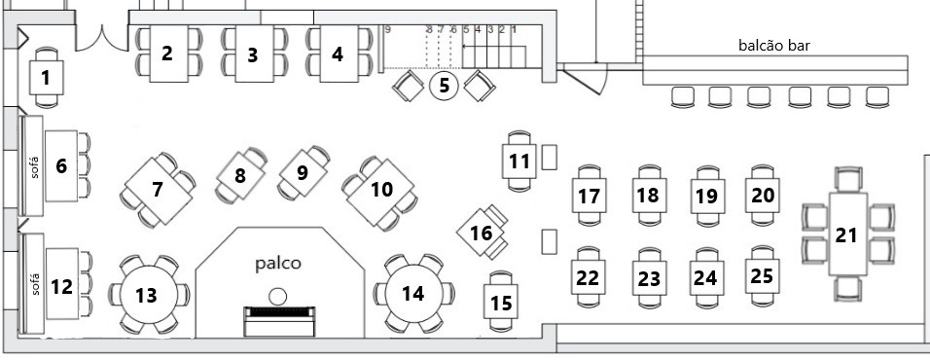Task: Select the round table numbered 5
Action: [444, 85]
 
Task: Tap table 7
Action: [158, 189]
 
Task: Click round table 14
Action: [413, 293]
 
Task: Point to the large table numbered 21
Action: [847, 234]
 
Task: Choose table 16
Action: [482, 233]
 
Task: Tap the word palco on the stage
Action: [279, 263]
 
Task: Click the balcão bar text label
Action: [774, 45]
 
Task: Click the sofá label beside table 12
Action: [34, 287]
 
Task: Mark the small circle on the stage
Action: [279, 296]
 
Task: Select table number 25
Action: [763, 275]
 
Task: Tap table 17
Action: [588, 196]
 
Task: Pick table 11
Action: [521, 160]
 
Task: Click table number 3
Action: [253, 55]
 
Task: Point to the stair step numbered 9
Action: [387, 29]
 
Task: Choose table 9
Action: [302, 173]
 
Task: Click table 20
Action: [763, 195]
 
